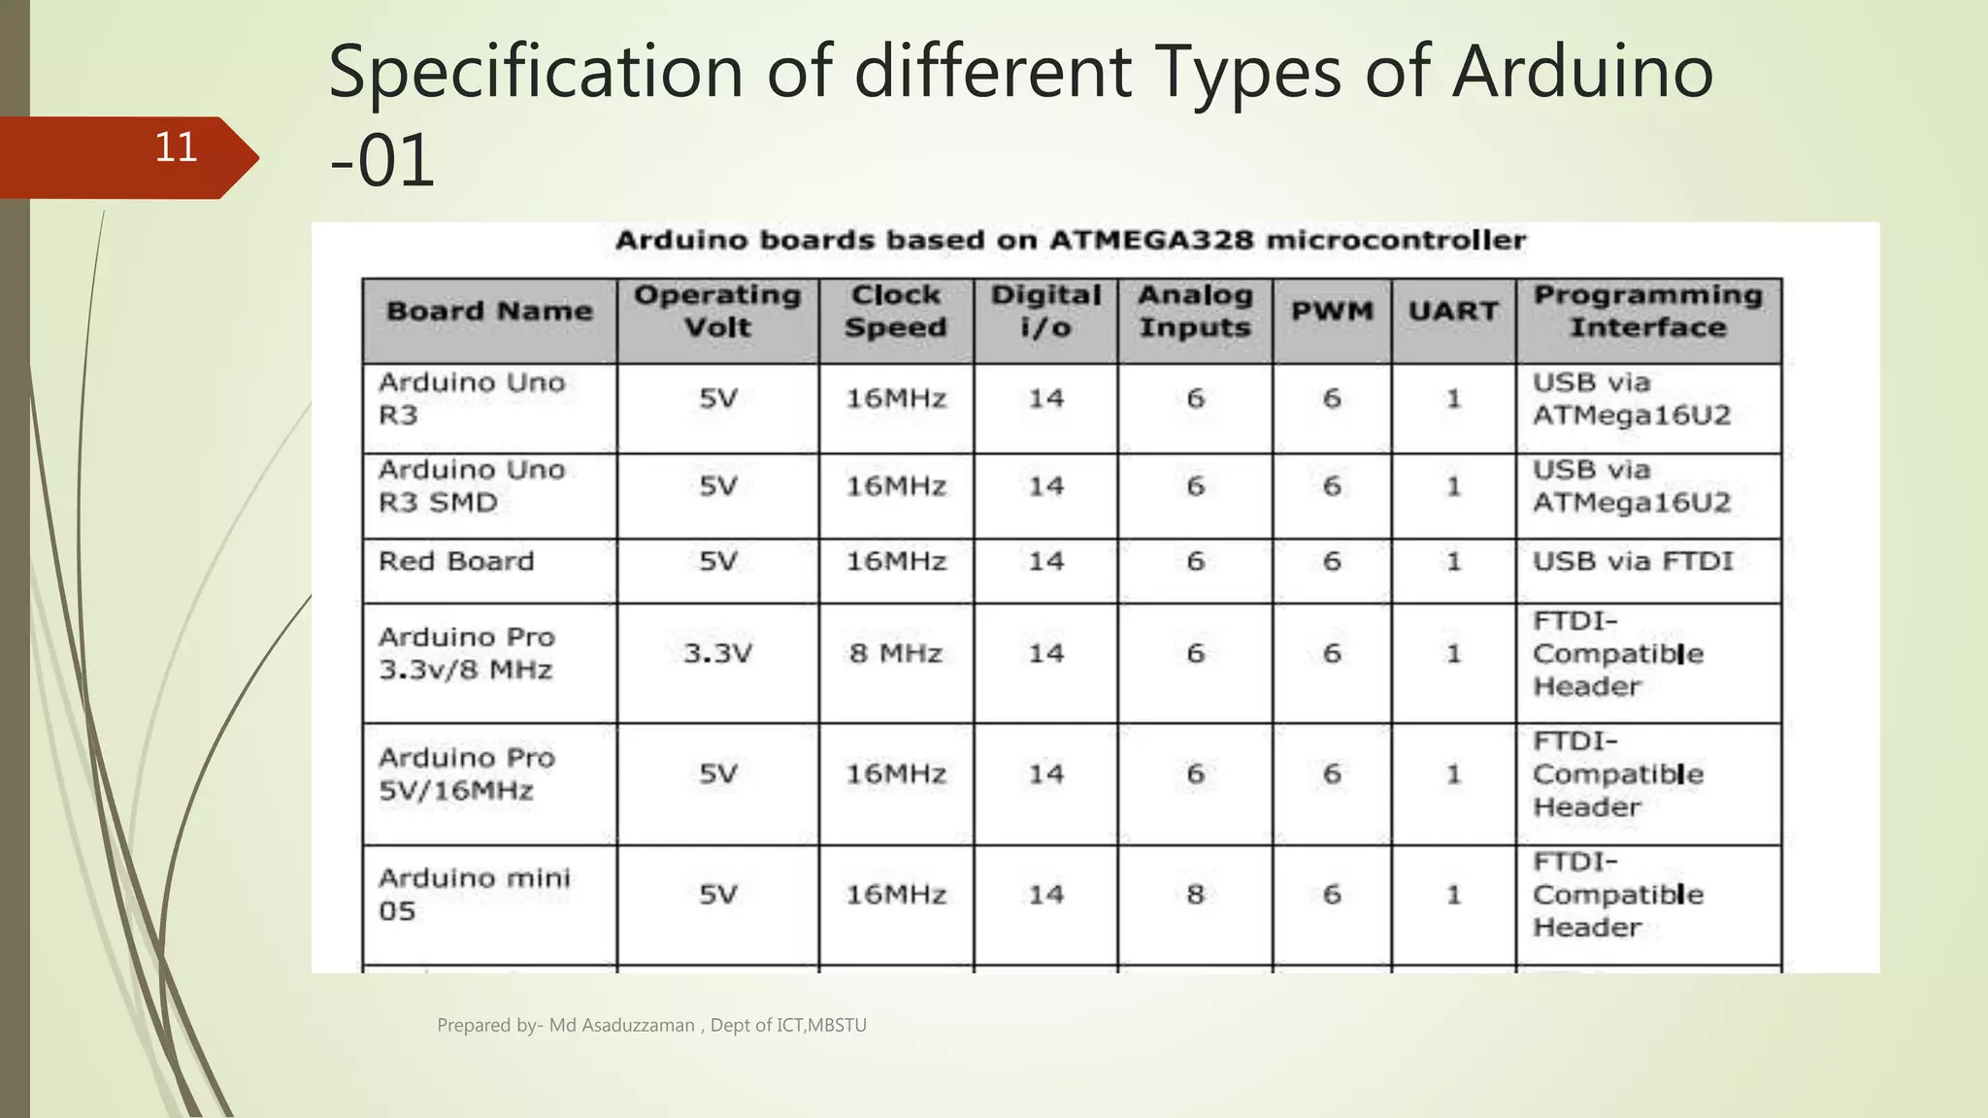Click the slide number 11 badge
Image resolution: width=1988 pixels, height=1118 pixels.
176,148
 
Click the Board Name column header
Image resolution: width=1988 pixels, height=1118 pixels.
489,312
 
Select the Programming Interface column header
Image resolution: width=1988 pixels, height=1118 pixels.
1647,312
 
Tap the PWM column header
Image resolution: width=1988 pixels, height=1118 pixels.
1332,312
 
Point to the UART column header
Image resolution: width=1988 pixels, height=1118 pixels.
1453,312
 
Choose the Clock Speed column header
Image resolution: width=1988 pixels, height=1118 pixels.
895,312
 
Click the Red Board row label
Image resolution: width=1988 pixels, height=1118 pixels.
456,562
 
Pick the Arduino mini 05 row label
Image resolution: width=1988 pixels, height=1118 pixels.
474,894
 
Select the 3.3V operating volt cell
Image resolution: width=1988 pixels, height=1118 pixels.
717,654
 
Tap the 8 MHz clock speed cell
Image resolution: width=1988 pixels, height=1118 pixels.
895,654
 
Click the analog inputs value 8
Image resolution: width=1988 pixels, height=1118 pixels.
1195,894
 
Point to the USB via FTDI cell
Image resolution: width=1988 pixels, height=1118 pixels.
1633,562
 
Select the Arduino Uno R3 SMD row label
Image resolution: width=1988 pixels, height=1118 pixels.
471,486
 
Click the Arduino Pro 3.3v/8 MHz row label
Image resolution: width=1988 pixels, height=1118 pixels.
466,654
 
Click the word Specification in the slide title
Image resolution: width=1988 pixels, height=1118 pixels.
535,72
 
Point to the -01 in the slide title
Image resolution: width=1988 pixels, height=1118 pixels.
382,161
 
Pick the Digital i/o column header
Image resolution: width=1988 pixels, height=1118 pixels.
1045,312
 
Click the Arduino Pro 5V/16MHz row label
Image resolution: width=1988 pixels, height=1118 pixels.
466,774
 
